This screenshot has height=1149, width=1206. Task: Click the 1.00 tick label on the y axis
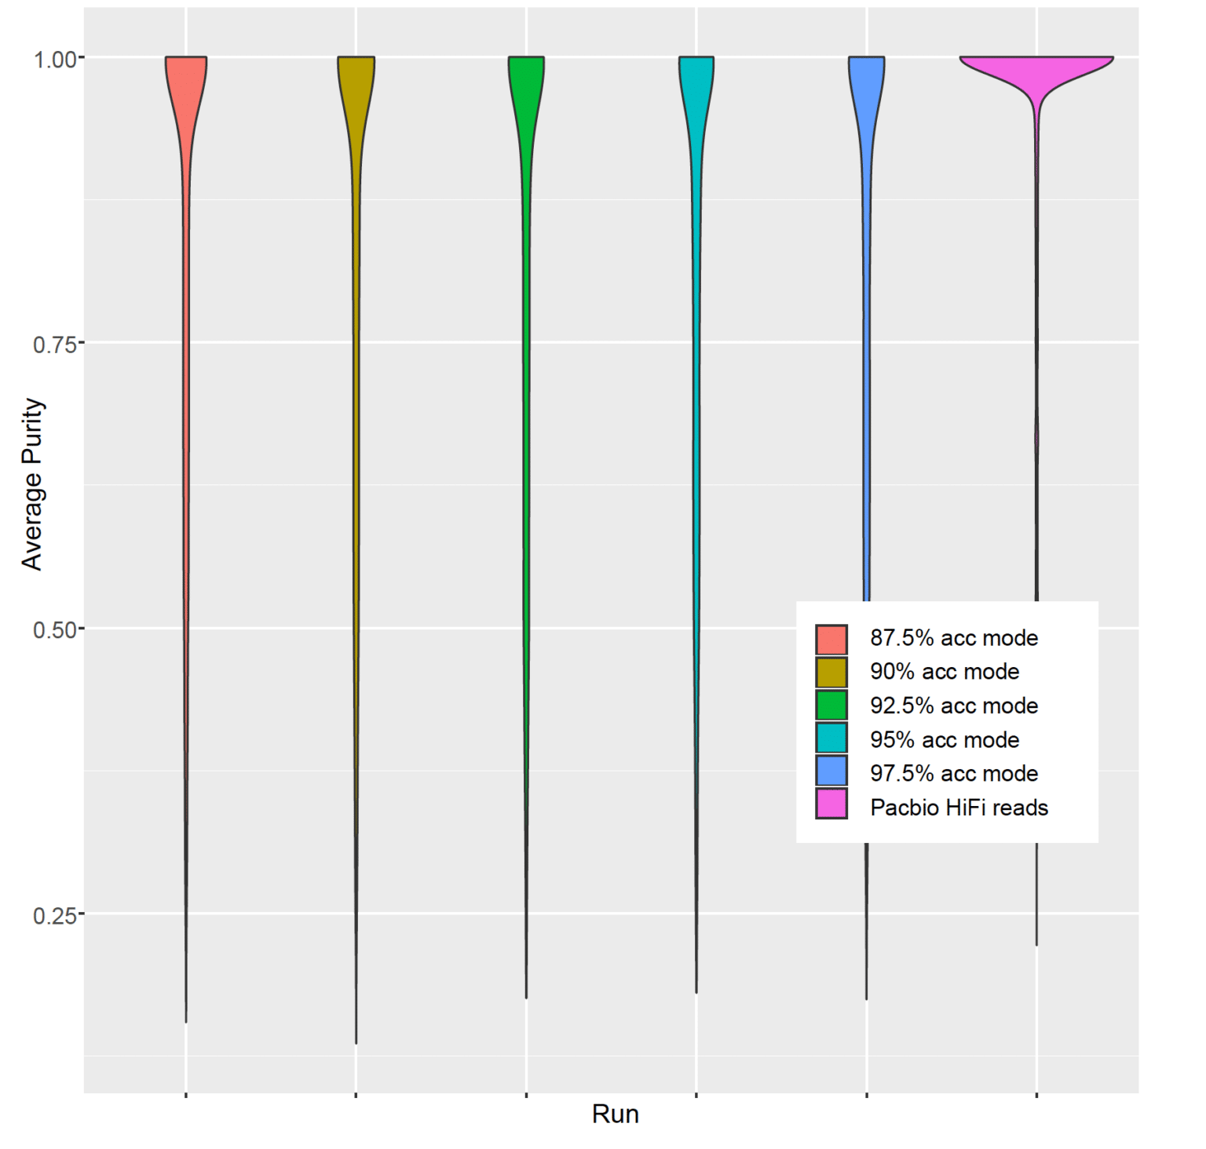pos(54,59)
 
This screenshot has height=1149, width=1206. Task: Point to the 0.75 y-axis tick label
pos(54,344)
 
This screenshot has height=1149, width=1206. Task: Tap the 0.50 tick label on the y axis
pos(54,629)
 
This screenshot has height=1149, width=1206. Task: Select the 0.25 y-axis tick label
pos(54,915)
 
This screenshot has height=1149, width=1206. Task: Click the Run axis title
pos(615,1114)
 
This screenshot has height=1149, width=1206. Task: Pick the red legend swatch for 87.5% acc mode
pos(831,639)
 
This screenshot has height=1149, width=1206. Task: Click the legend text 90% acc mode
pos(944,672)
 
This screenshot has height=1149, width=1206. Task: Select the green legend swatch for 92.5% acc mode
pos(831,705)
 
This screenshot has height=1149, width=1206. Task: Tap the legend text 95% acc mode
pos(944,739)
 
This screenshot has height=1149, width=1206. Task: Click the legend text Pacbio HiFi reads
pos(959,808)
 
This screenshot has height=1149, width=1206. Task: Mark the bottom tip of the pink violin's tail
pos(1036,944)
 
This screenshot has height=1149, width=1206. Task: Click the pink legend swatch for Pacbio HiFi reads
pos(831,804)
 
